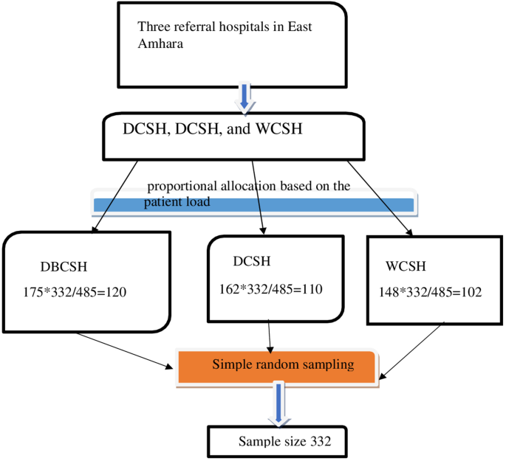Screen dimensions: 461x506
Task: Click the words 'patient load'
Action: pyautogui.click(x=180, y=201)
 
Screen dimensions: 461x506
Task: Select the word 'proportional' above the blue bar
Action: pyautogui.click(x=182, y=186)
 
